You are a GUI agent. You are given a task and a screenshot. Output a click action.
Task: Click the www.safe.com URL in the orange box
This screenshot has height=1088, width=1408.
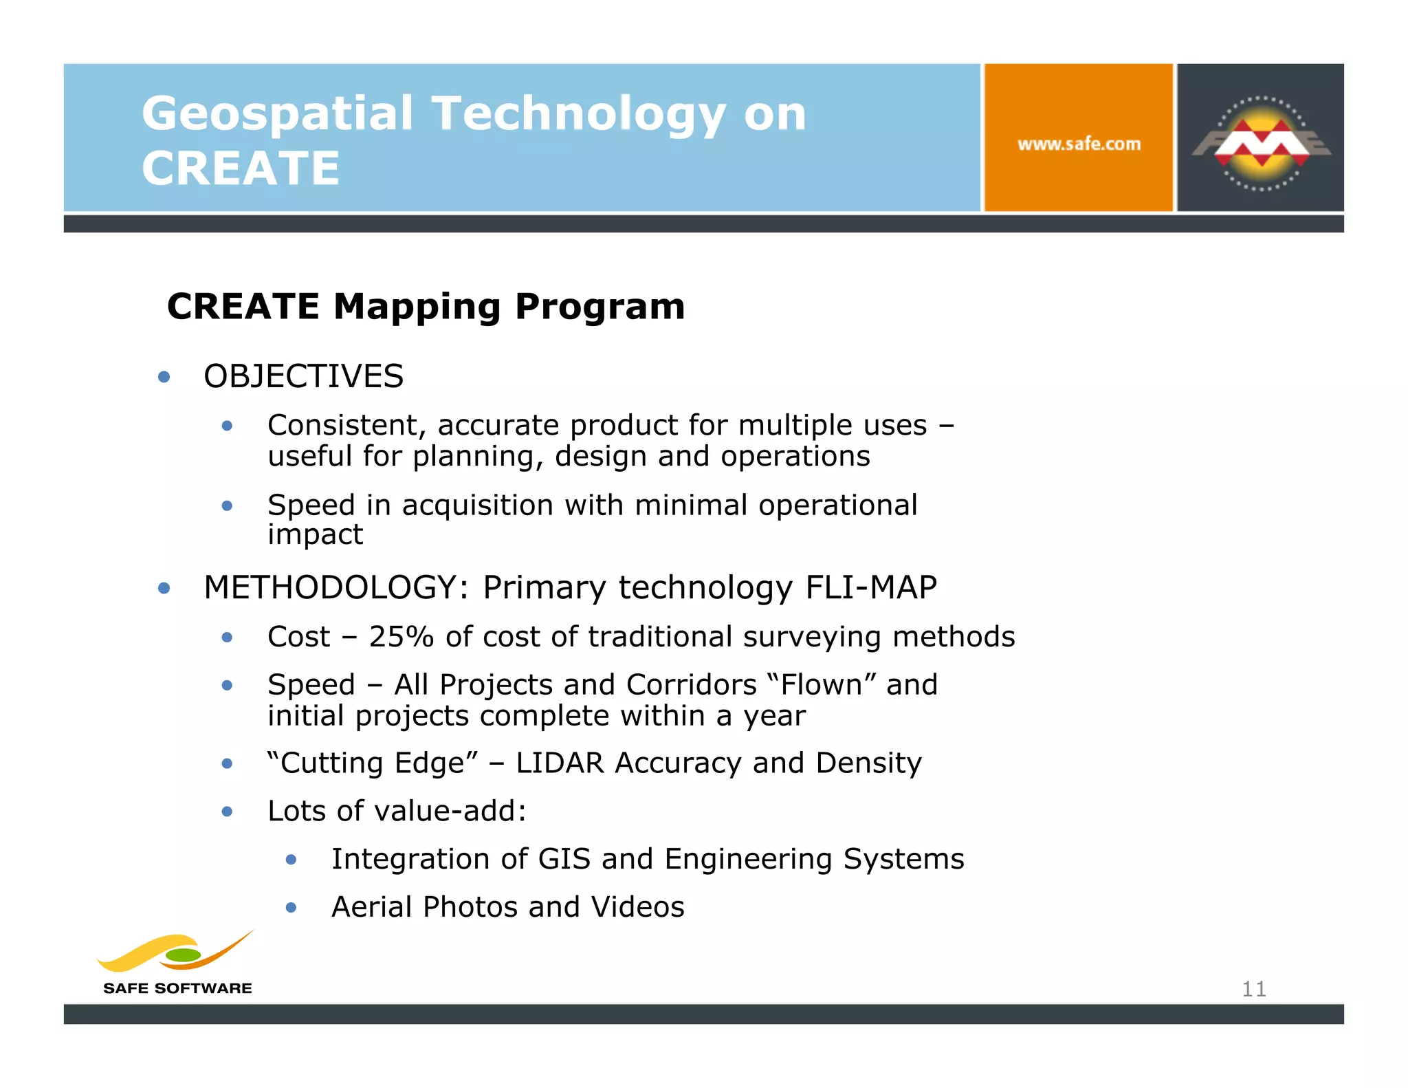1079,144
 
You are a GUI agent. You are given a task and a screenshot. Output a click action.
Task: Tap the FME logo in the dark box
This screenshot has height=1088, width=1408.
1261,143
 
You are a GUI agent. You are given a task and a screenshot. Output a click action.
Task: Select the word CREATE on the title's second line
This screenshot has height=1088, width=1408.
241,168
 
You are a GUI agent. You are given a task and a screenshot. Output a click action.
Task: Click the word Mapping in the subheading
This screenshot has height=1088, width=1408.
417,307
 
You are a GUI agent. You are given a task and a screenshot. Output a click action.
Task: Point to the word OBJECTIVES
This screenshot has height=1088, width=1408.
303,376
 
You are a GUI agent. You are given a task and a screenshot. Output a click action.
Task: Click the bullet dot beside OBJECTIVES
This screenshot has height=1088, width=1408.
164,377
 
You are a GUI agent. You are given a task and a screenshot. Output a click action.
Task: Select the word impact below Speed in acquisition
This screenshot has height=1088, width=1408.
315,534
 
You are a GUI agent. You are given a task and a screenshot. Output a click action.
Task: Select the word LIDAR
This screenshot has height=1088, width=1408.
560,763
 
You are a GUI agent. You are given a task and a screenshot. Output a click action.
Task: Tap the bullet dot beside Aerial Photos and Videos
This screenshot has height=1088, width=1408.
291,908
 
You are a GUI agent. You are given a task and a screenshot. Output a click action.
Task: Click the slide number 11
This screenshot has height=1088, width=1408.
1253,989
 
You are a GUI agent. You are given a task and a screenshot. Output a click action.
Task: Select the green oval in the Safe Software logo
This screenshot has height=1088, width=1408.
184,955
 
